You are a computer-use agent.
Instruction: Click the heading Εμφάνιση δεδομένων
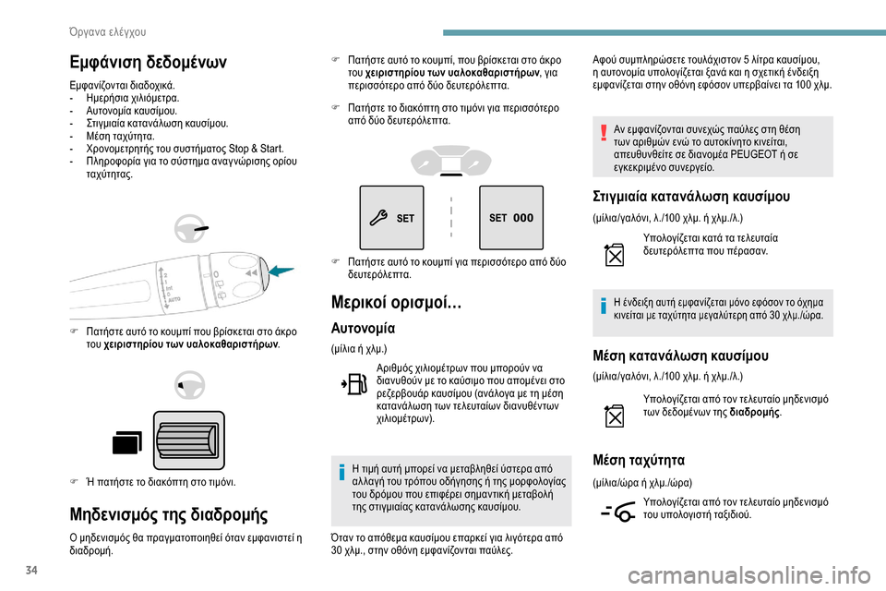pyautogui.click(x=147, y=62)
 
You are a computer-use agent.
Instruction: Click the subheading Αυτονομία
pyautogui.click(x=363, y=328)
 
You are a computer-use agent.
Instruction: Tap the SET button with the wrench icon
pyautogui.click(x=393, y=218)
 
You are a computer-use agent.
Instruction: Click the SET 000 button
pyautogui.click(x=510, y=218)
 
